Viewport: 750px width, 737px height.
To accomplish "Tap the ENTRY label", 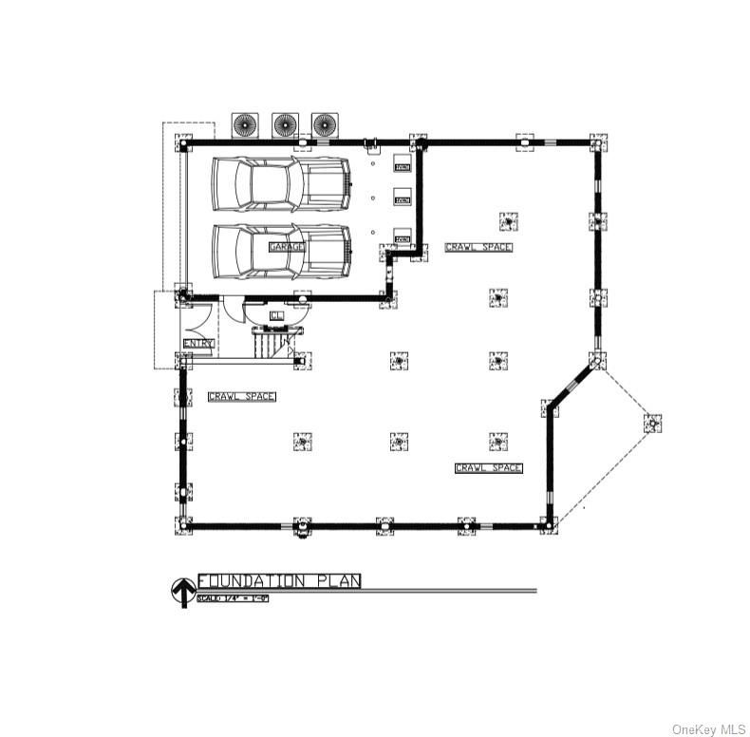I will pos(198,343).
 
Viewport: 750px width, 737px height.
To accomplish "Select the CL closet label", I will pos(276,315).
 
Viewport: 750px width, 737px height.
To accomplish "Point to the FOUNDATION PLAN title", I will pos(279,580).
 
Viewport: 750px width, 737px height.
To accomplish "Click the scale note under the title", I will pos(233,598).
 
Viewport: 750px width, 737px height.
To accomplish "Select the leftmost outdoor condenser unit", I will pos(245,124).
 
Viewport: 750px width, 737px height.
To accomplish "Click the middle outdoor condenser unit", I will pos(285,124).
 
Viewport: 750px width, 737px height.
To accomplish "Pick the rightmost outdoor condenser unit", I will pos(325,124).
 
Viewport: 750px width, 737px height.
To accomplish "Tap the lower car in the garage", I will pos(281,252).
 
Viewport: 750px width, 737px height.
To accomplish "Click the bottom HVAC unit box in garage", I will pos(403,238).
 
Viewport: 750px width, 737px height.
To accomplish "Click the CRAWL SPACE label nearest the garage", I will pos(478,247).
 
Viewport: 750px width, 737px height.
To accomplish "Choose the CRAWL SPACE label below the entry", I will pos(241,396).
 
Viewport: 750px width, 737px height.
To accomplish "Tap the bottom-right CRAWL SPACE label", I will pos(488,468).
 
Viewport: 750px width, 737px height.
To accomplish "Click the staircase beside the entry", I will pos(275,343).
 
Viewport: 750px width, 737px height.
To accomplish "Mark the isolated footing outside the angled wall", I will pos(651,422).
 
